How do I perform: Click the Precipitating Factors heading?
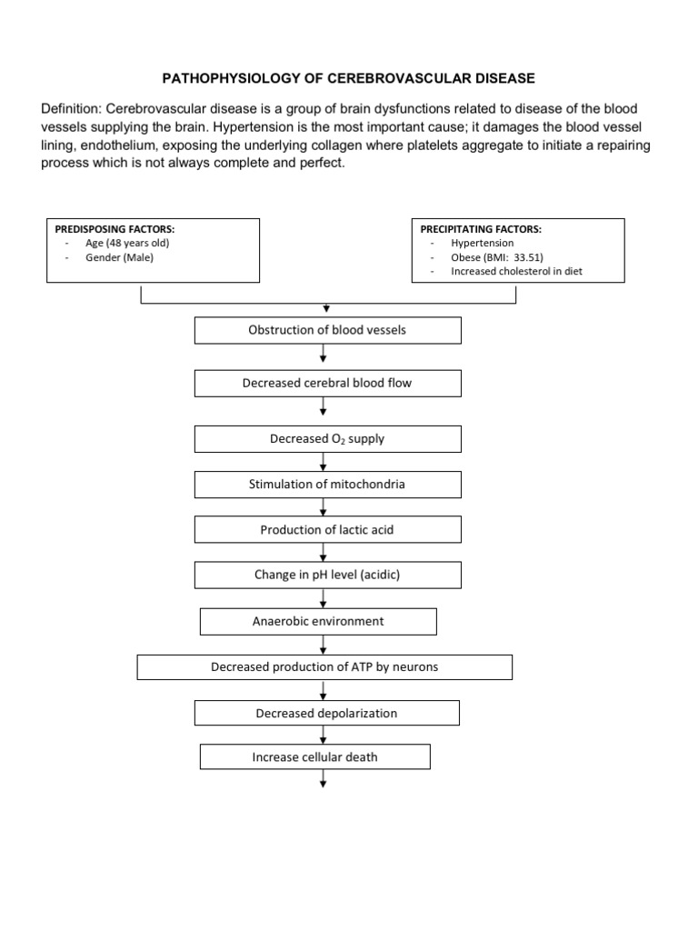pyautogui.click(x=480, y=229)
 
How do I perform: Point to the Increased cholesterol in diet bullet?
pyautogui.click(x=516, y=271)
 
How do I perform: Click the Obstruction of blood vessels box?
pyautogui.click(x=327, y=330)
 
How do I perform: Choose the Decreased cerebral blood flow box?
pyautogui.click(x=327, y=383)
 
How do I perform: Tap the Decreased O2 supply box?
pyautogui.click(x=327, y=439)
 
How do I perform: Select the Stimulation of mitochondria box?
pyautogui.click(x=327, y=484)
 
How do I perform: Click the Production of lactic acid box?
pyautogui.click(x=327, y=529)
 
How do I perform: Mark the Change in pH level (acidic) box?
pyautogui.click(x=327, y=575)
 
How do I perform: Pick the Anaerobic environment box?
pyautogui.click(x=318, y=621)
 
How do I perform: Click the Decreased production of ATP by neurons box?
pyautogui.click(x=324, y=666)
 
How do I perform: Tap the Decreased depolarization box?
pyautogui.click(x=327, y=713)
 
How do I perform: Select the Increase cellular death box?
pyautogui.click(x=314, y=756)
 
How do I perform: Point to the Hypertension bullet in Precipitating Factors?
pyautogui.click(x=482, y=243)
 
